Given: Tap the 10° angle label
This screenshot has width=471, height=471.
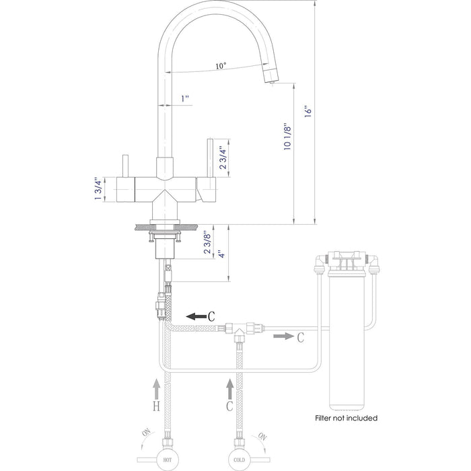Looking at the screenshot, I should [x=221, y=67].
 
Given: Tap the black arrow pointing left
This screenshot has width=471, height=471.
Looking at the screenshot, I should [x=198, y=315].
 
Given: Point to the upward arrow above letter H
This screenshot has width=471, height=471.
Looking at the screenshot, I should [x=157, y=390].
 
